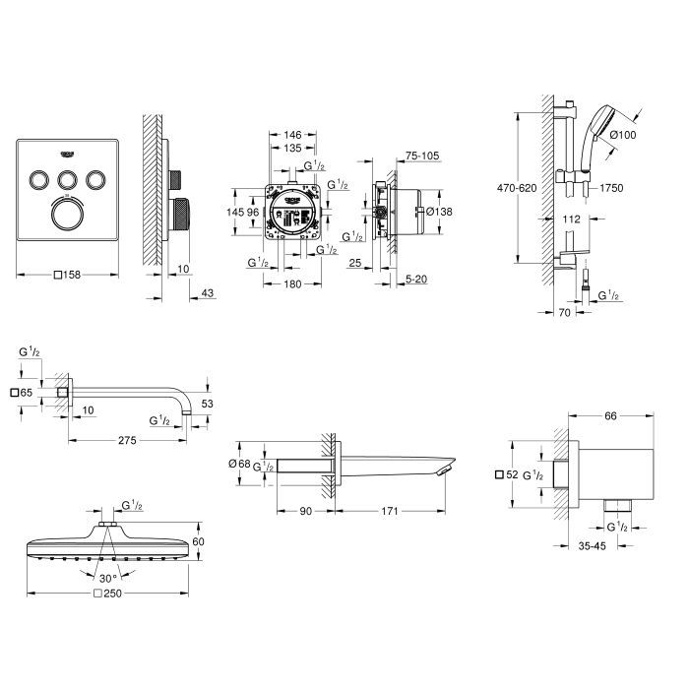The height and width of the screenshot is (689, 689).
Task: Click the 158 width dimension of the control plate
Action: [x=68, y=275]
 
